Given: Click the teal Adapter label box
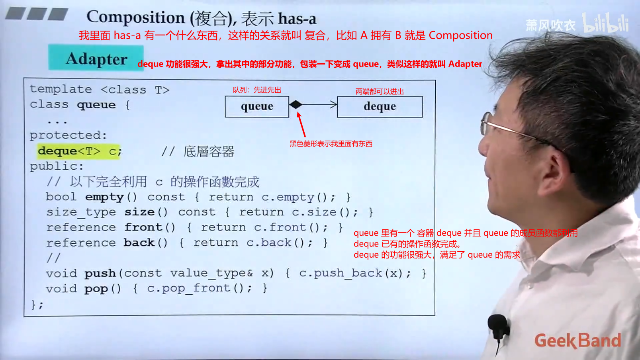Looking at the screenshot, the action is (x=96, y=58).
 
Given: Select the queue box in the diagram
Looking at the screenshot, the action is (x=257, y=107).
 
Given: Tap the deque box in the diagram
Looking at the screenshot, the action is (x=380, y=107).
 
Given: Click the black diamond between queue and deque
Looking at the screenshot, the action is (x=296, y=105).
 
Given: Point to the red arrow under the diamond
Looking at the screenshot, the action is (x=301, y=125).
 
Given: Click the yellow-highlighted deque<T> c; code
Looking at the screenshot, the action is (x=79, y=151).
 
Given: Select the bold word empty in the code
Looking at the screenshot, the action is (x=104, y=197).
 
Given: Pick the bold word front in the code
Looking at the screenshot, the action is (x=143, y=227).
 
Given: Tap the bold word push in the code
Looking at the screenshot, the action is (x=100, y=274).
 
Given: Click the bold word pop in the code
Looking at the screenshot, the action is (x=96, y=289).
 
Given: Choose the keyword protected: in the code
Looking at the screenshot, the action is (x=68, y=135).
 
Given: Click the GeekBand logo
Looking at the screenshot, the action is (x=578, y=340).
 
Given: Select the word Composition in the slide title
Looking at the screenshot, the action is (x=136, y=17).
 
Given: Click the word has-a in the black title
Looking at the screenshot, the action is (x=297, y=19).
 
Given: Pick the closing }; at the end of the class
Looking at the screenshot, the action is (x=37, y=305).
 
